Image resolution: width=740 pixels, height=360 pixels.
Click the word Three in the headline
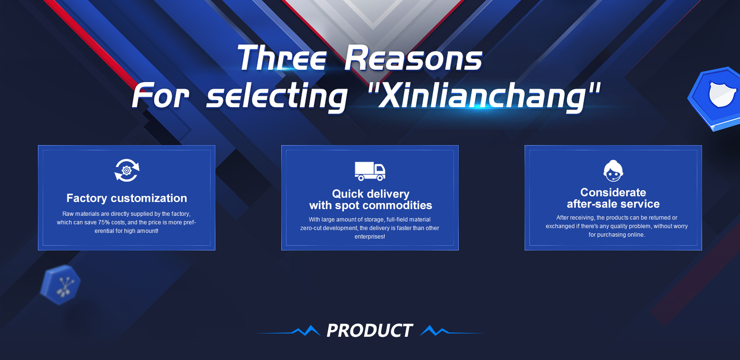[282, 58]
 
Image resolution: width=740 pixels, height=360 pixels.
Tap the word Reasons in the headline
[413, 58]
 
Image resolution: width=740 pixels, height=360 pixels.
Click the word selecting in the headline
[277, 96]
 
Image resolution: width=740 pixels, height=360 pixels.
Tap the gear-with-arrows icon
[127, 170]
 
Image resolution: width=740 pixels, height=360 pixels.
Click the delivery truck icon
[370, 171]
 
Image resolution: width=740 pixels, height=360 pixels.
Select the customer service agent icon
[613, 171]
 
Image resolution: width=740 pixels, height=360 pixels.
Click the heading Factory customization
[127, 198]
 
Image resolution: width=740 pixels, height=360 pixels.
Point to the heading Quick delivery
[370, 194]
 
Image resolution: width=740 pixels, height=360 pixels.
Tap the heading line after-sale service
[613, 204]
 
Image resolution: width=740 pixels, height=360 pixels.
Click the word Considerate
[613, 192]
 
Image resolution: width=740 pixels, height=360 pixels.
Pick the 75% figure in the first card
[104, 222]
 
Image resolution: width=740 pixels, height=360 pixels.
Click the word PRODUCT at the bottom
[370, 330]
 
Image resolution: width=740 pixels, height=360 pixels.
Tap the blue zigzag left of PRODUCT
[306, 331]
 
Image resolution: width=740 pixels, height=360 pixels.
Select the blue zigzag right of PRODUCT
[435, 331]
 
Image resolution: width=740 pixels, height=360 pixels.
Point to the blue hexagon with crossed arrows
[60, 285]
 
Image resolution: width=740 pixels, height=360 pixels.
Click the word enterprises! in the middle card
[370, 237]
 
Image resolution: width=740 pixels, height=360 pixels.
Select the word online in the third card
[636, 235]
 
